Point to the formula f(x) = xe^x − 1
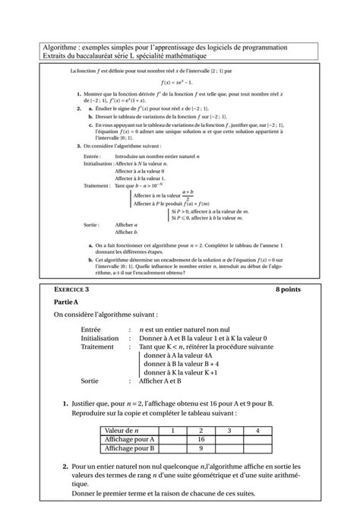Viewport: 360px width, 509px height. coord(179,82)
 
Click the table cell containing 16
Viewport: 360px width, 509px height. coord(203,438)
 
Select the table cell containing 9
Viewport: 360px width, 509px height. coord(203,447)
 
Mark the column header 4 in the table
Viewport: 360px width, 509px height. coord(257,430)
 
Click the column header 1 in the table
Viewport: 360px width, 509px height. coord(174,430)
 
